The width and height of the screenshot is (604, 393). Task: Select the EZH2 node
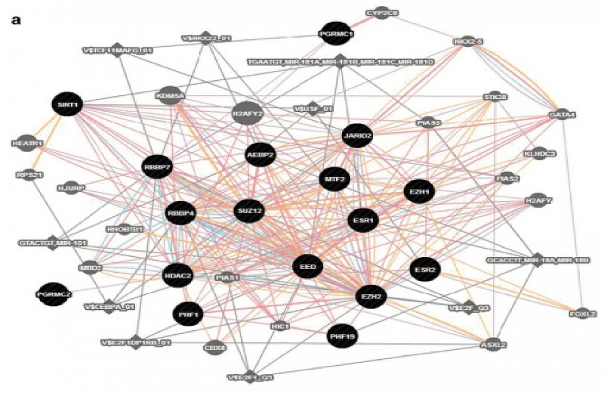[x=371, y=296]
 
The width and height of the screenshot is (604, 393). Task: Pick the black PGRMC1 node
[x=337, y=33]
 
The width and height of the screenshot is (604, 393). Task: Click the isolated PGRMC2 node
[x=53, y=292]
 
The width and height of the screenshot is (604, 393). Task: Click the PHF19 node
[x=342, y=336]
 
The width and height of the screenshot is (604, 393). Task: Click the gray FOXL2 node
[x=581, y=311]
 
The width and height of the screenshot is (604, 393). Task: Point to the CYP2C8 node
[x=382, y=13]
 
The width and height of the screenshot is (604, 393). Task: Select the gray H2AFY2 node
[x=247, y=113]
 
